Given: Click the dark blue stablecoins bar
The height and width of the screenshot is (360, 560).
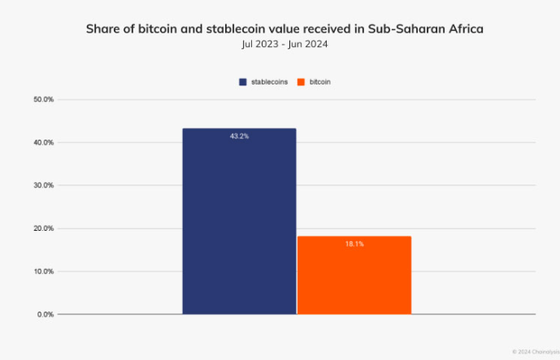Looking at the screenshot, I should [239, 221].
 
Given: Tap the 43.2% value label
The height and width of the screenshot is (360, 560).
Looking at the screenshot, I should [239, 137].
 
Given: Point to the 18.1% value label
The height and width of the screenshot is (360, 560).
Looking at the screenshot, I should [354, 244].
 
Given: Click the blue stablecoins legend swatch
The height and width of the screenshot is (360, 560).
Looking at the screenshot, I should [242, 82].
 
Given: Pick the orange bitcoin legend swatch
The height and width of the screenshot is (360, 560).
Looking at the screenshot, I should [301, 82].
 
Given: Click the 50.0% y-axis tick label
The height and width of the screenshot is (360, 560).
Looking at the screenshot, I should [43, 100].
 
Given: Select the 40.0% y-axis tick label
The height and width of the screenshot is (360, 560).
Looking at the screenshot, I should [43, 143].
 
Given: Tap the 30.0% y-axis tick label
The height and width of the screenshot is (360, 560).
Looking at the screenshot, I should [43, 185].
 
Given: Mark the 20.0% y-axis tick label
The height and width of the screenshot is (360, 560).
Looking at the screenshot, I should [43, 228].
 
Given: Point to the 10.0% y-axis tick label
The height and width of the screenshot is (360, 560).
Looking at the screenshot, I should [43, 271].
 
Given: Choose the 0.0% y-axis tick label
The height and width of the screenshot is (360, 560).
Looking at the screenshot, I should [45, 314].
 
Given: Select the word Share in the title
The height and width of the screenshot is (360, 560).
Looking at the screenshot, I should [104, 28].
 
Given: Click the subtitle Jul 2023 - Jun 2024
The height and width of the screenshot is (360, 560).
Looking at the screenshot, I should [280, 44].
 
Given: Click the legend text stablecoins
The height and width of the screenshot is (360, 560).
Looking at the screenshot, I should [269, 82].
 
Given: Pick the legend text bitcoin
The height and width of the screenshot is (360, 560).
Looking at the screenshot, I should [319, 82].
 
